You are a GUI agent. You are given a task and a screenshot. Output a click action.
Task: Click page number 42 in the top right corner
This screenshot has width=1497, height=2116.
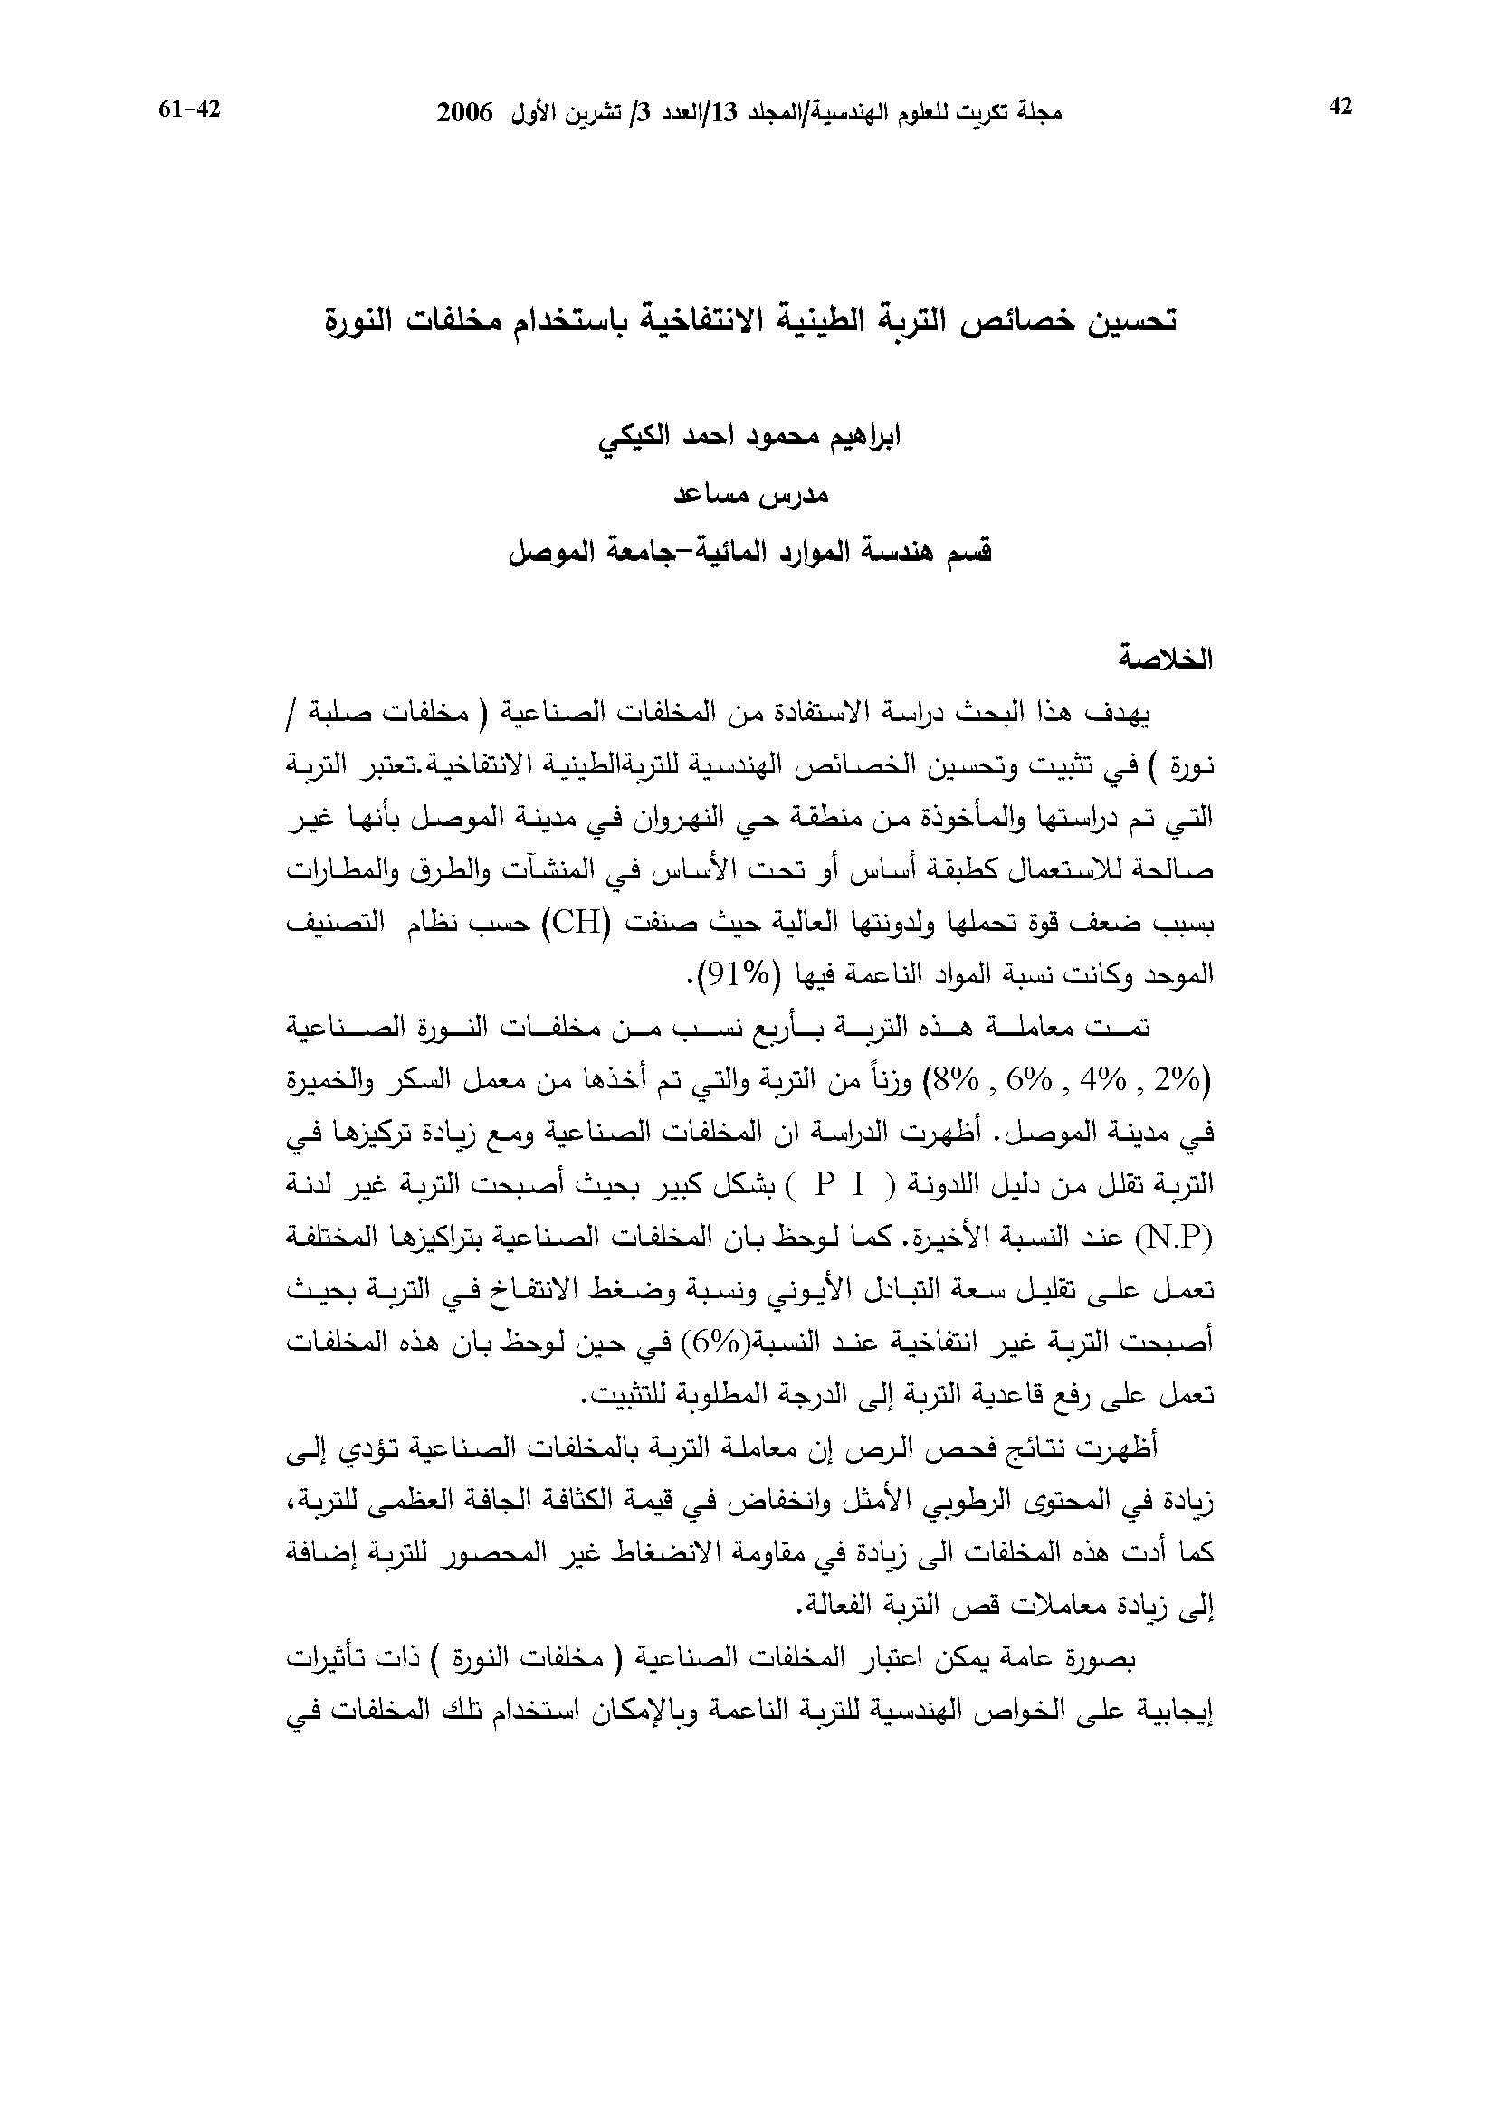pyautogui.click(x=1340, y=108)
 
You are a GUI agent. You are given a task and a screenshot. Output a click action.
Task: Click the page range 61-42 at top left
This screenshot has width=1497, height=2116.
pyautogui.click(x=191, y=109)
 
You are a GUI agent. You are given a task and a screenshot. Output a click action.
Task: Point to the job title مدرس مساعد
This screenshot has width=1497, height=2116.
pyautogui.click(x=750, y=495)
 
